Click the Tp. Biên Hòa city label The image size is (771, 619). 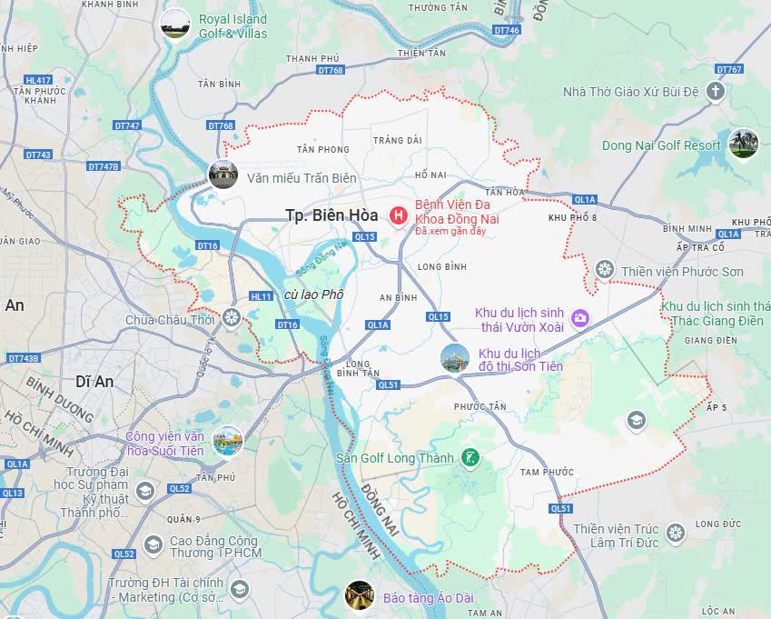[x=331, y=215]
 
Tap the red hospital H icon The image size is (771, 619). [x=398, y=215]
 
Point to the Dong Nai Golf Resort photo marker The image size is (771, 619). [x=742, y=143]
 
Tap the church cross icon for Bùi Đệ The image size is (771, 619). [x=716, y=91]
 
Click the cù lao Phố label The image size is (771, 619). [x=314, y=295]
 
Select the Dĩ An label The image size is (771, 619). [x=94, y=382]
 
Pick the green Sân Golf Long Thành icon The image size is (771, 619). [x=470, y=457]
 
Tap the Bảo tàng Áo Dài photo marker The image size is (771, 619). [x=360, y=595]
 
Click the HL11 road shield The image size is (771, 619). [x=262, y=296]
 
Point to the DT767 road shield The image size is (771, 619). [x=728, y=69]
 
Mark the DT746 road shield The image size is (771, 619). [x=507, y=30]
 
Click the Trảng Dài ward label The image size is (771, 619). [x=398, y=140]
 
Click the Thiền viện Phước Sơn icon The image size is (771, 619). [x=605, y=270]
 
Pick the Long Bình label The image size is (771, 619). [x=441, y=266]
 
